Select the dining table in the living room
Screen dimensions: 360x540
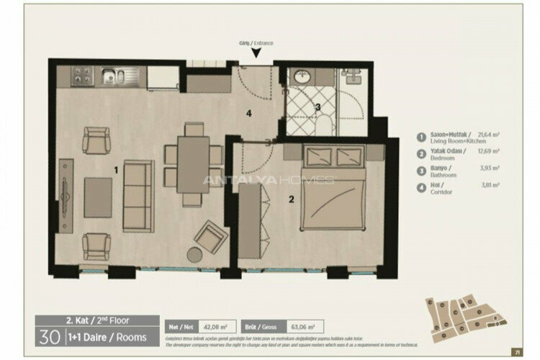coord(192,163)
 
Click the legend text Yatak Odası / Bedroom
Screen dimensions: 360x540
coord(449,155)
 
